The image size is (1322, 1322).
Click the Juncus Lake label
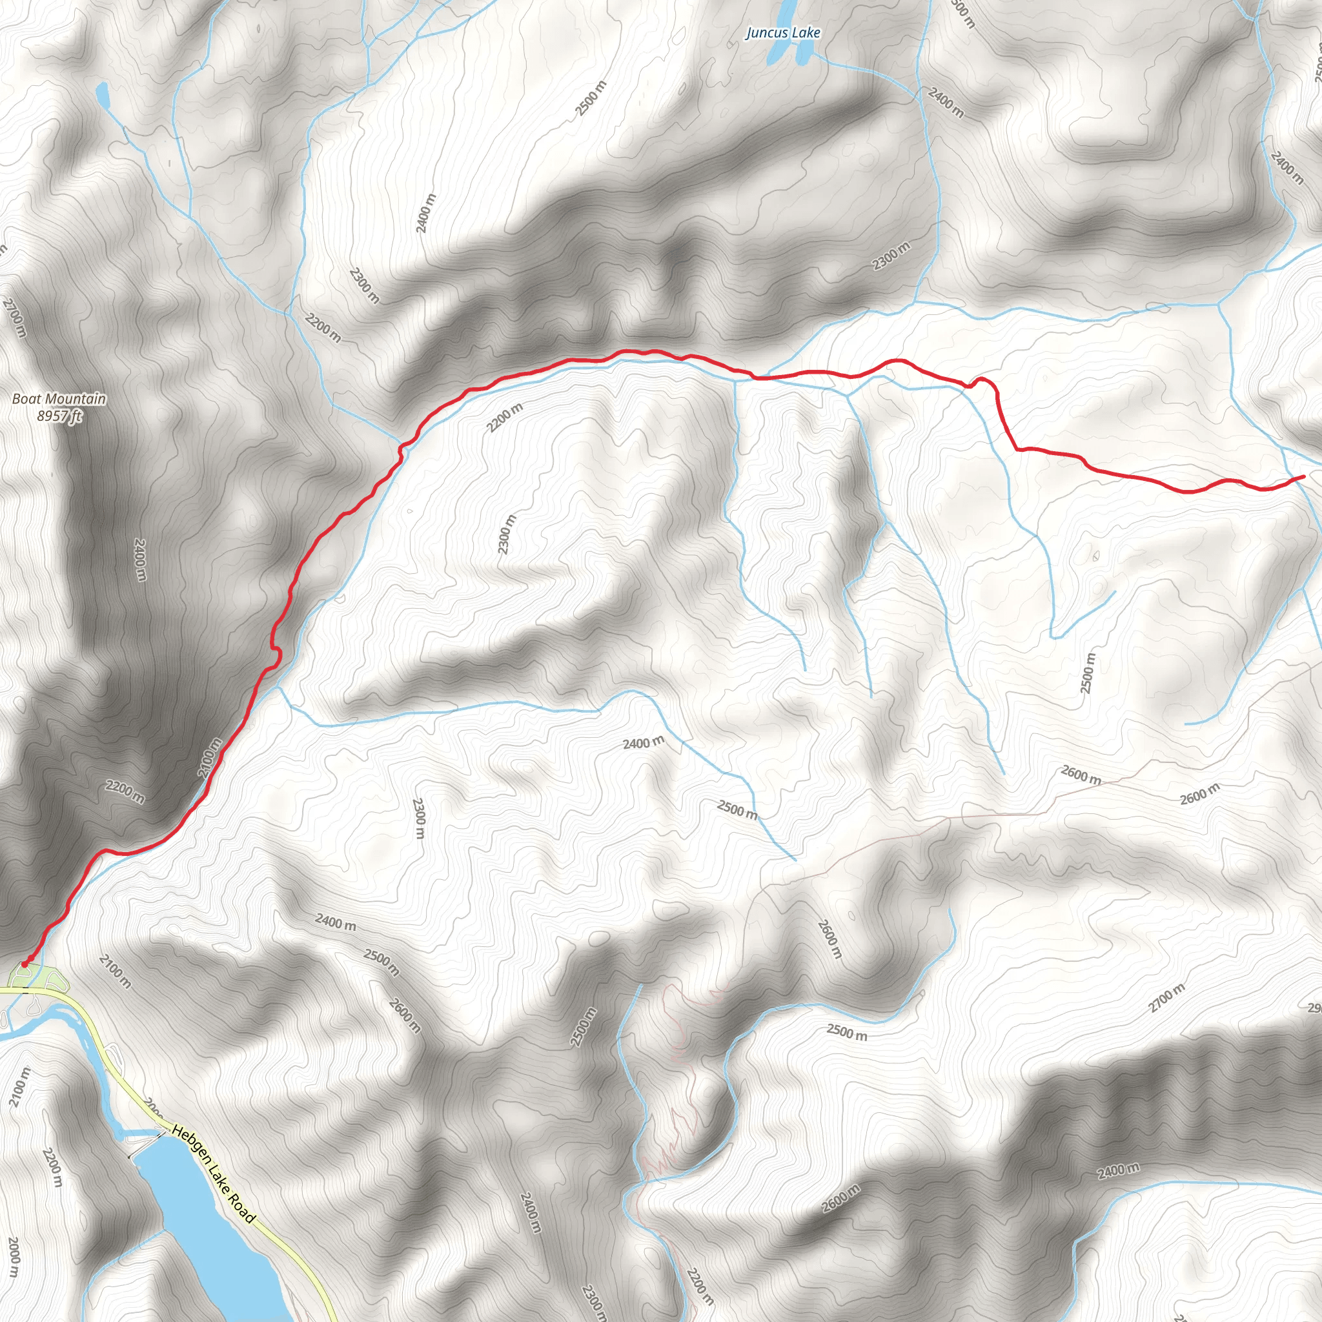[x=783, y=33]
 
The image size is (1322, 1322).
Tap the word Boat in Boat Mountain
[x=26, y=399]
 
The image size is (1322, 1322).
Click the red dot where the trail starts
[x=25, y=964]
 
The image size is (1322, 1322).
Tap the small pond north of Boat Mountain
[x=103, y=95]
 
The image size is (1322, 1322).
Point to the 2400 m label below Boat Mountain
[x=139, y=560]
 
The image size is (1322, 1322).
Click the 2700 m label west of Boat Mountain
[x=14, y=318]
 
